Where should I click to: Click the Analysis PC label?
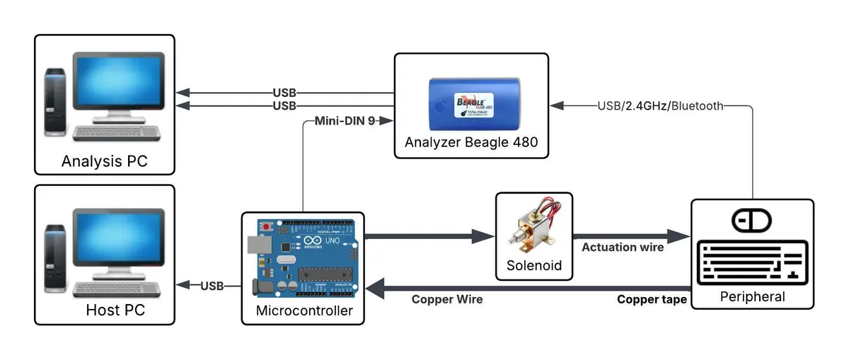click(104, 161)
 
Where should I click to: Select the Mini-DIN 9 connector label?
click(343, 121)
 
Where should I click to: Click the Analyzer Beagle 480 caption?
click(471, 142)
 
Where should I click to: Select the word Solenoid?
click(534, 266)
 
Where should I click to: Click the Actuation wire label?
click(623, 248)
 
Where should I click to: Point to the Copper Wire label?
click(447, 300)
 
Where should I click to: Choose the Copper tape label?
click(652, 300)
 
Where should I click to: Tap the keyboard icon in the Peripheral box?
click(752, 262)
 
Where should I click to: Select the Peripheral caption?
click(752, 297)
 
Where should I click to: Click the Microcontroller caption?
click(304, 310)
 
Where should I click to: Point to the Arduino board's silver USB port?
click(255, 244)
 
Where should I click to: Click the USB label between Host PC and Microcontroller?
click(212, 286)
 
